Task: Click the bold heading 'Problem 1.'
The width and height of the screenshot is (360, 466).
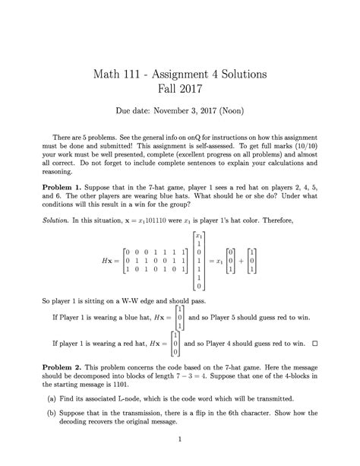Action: pos(64,185)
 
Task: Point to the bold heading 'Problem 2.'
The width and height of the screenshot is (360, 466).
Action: pos(64,366)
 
